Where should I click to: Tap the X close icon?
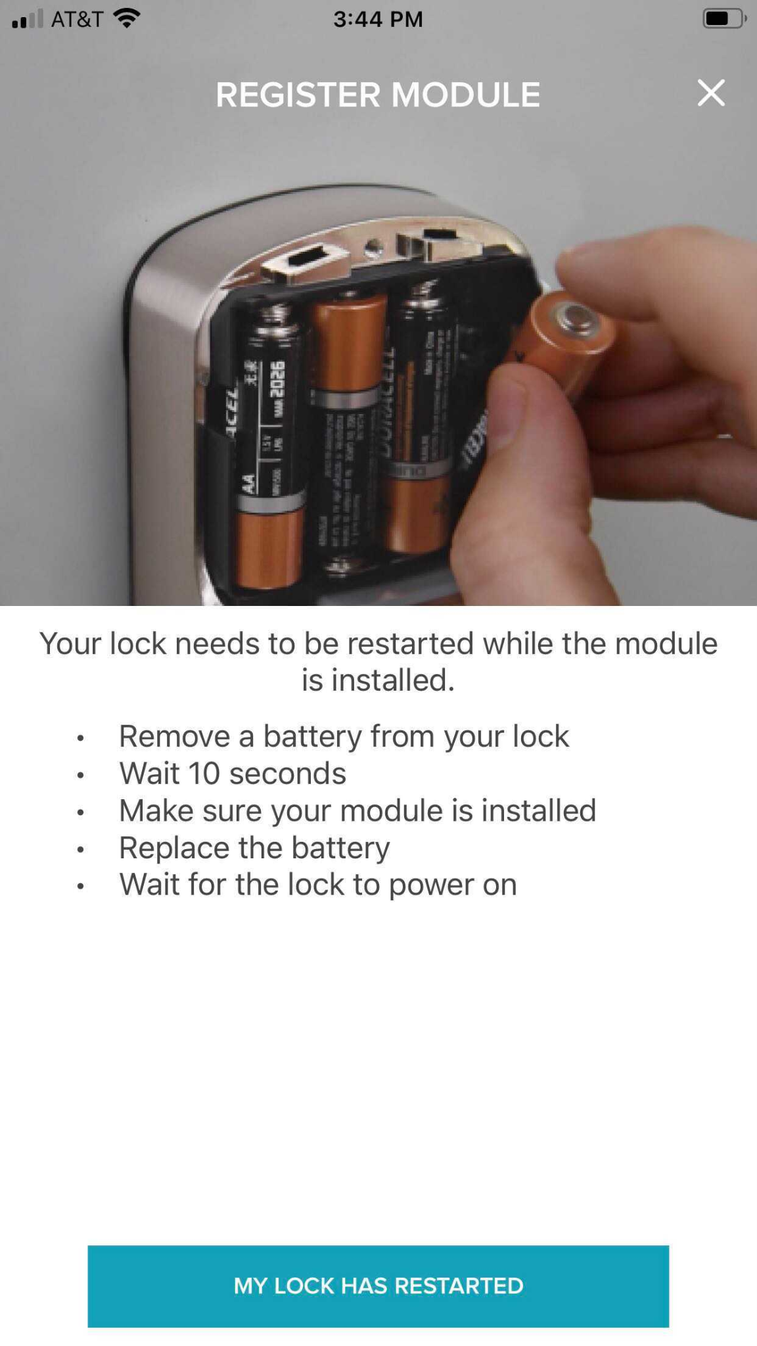[711, 93]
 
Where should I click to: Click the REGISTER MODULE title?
[378, 95]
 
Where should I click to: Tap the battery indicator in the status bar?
[723, 18]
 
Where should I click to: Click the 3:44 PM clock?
[378, 19]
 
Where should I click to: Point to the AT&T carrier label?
[77, 19]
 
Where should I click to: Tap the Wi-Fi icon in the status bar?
[126, 18]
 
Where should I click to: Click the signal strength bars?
[27, 19]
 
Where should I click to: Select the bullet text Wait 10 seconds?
[232, 773]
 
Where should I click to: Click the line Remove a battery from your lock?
[343, 736]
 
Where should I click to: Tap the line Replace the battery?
[254, 847]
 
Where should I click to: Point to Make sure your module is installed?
[357, 810]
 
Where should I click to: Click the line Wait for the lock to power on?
[317, 885]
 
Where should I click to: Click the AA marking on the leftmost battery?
[249, 484]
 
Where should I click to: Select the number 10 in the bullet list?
[204, 773]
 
